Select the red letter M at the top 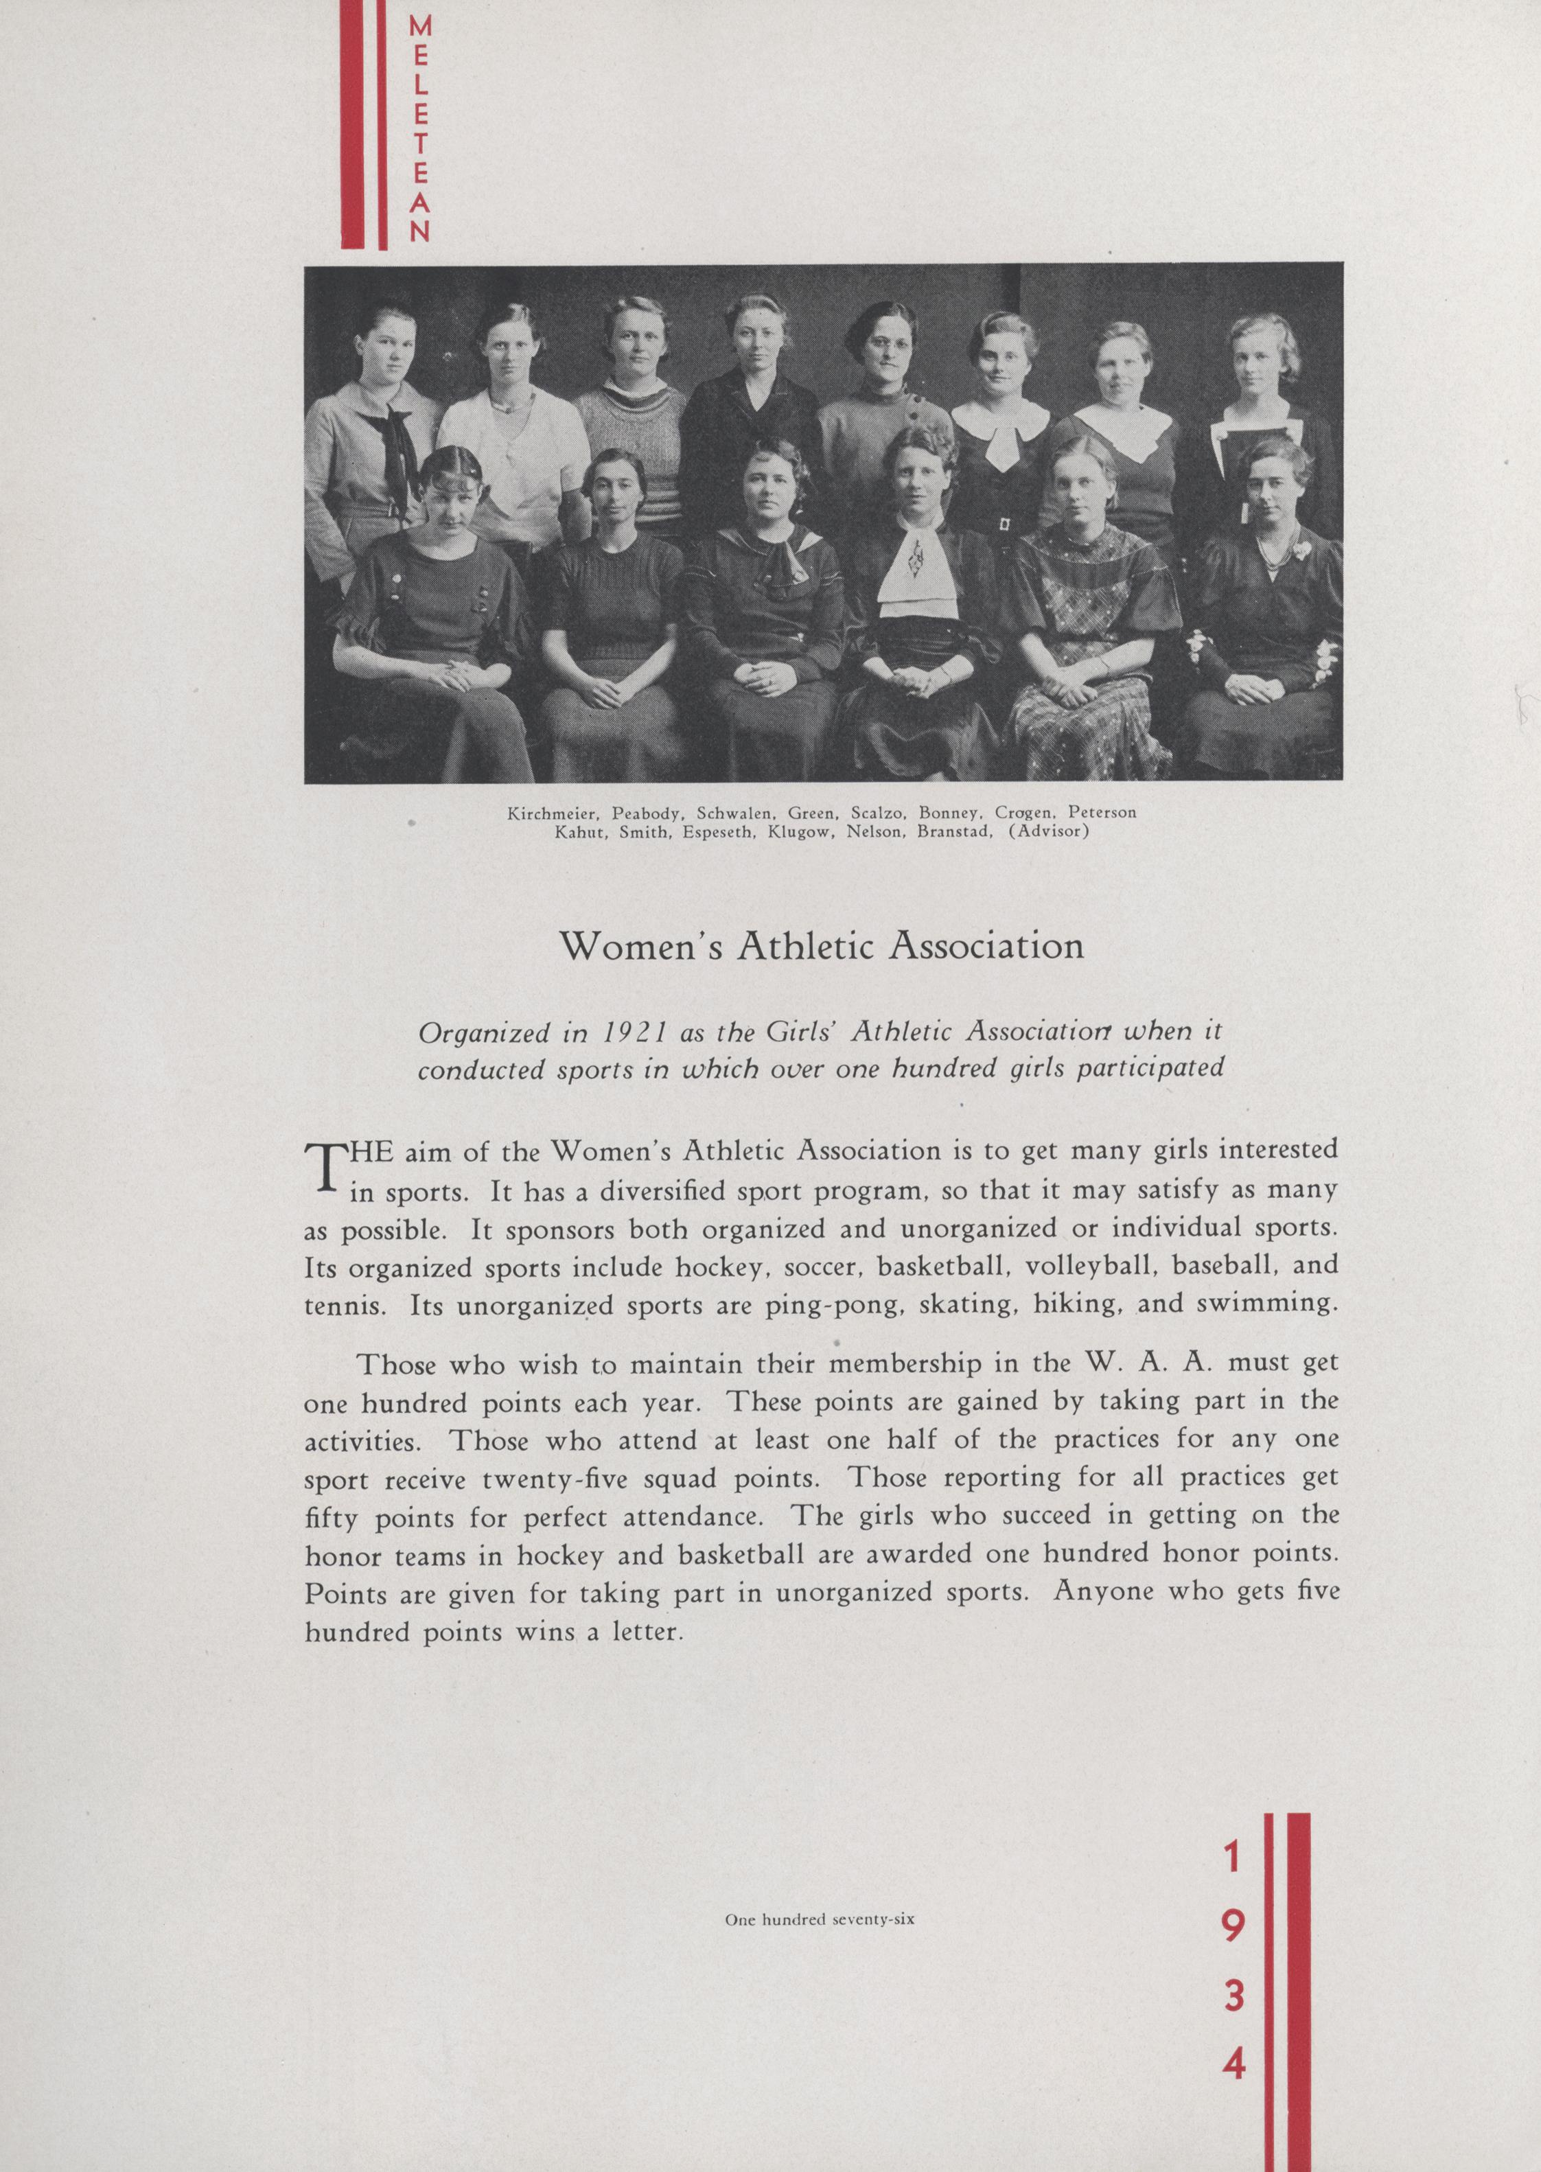coord(419,28)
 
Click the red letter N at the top coord(419,231)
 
